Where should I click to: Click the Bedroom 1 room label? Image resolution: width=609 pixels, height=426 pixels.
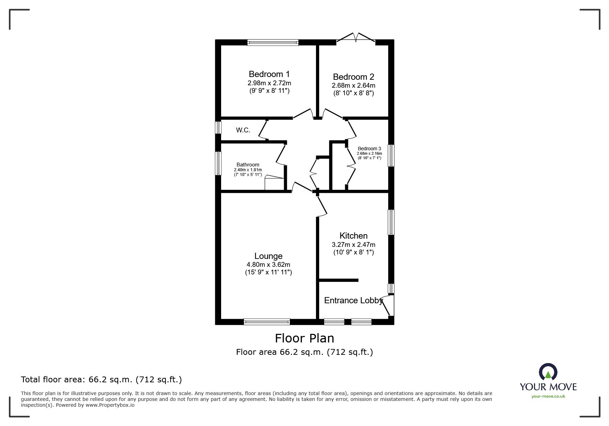[269, 74]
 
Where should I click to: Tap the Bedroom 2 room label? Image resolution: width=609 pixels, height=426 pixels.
[354, 77]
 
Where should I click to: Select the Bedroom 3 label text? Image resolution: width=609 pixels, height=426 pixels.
[369, 149]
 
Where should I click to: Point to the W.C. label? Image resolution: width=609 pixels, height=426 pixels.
[243, 130]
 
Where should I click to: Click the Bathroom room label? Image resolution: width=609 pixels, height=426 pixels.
[248, 165]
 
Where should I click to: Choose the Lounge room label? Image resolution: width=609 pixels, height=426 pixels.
[269, 256]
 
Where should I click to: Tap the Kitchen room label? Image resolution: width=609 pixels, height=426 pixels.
[354, 236]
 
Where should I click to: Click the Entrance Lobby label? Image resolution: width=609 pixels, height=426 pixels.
[354, 300]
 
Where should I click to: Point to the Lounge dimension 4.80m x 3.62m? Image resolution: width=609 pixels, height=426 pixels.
[269, 265]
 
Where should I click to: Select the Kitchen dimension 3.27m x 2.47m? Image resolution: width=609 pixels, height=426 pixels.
[354, 245]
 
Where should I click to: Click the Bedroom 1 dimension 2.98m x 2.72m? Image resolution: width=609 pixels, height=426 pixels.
[269, 83]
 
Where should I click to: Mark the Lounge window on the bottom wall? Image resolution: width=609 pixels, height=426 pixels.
[267, 322]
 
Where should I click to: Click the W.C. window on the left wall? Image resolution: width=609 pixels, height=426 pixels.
[218, 128]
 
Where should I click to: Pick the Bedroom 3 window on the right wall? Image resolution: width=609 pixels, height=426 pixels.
[391, 156]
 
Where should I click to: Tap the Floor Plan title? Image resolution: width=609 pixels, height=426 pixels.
[304, 338]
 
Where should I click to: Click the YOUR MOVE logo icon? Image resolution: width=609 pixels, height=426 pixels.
[548, 372]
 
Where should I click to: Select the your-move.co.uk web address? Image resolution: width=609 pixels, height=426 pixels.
[548, 396]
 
